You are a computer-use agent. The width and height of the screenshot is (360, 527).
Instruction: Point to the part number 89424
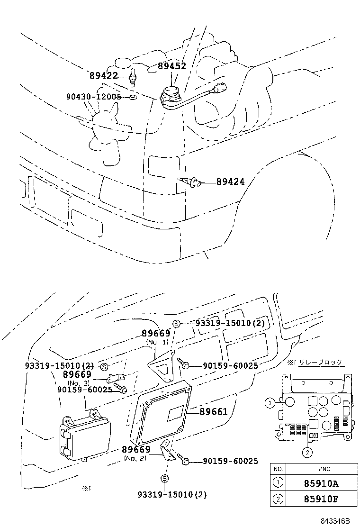point(231,181)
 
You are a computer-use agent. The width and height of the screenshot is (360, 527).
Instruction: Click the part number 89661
point(214,412)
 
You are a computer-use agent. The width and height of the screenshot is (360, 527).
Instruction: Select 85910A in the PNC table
point(315,484)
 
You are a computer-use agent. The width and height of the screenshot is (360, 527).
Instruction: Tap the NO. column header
point(278,469)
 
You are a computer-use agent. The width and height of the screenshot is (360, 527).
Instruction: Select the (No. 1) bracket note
point(157,342)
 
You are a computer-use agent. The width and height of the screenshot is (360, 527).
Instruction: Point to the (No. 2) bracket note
point(136,458)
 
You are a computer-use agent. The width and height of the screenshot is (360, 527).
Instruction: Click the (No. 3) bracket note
point(78,382)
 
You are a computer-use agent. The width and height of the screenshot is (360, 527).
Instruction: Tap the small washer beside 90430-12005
point(132,98)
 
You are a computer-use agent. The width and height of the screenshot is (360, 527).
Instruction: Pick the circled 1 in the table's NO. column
point(278,484)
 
